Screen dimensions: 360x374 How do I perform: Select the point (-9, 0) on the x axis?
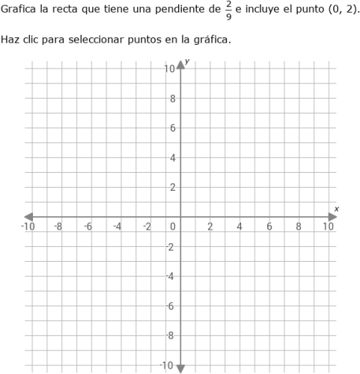pyautogui.click(x=43, y=217)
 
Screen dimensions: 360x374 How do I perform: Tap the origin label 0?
pyautogui.click(x=172, y=227)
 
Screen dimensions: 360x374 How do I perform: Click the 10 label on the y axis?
pyautogui.click(x=170, y=69)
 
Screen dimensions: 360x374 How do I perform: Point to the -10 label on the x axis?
pyautogui.click(x=28, y=227)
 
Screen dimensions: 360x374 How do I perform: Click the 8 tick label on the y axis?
pyautogui.click(x=172, y=98)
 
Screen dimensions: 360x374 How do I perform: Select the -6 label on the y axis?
pyautogui.click(x=170, y=306)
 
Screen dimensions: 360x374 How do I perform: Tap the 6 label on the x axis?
pyautogui.click(x=269, y=227)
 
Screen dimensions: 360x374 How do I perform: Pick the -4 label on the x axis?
pyautogui.click(x=117, y=227)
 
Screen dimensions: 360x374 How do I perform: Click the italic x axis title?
pyautogui.click(x=336, y=209)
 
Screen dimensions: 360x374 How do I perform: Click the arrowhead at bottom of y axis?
pyautogui.click(x=180, y=367)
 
